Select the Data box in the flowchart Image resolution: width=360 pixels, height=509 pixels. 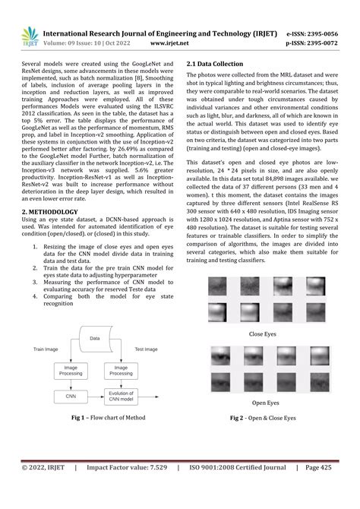pyautogui.click(x=94, y=338)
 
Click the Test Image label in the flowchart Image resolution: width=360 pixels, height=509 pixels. pyautogui.click(x=146, y=349)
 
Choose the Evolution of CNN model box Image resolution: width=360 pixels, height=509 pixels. pyautogui.click(x=121, y=396)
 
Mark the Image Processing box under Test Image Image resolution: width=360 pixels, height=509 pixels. pyautogui.click(x=121, y=370)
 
